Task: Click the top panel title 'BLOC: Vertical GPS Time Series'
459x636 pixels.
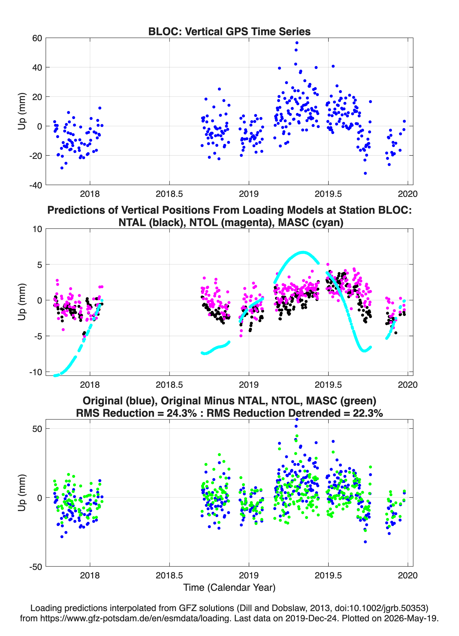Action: (229, 31)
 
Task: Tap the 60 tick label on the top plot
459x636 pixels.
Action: (37, 38)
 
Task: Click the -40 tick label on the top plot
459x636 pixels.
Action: (36, 185)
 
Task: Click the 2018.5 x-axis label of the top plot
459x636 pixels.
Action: (169, 194)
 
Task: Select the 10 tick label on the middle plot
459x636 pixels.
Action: (37, 229)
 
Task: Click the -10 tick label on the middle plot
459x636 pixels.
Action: (36, 372)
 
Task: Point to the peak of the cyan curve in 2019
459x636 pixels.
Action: (303, 252)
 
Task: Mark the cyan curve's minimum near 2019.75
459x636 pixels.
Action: (364, 351)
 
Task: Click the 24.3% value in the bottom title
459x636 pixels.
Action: (182, 413)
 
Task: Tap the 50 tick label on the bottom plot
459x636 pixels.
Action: (37, 429)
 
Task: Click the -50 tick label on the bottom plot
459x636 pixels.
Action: (36, 567)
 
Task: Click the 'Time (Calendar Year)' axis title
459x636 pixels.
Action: (229, 588)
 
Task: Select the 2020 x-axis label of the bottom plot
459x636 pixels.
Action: (408, 575)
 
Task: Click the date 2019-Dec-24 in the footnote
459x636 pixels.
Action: (310, 618)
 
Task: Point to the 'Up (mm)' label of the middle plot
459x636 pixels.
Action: (22, 302)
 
